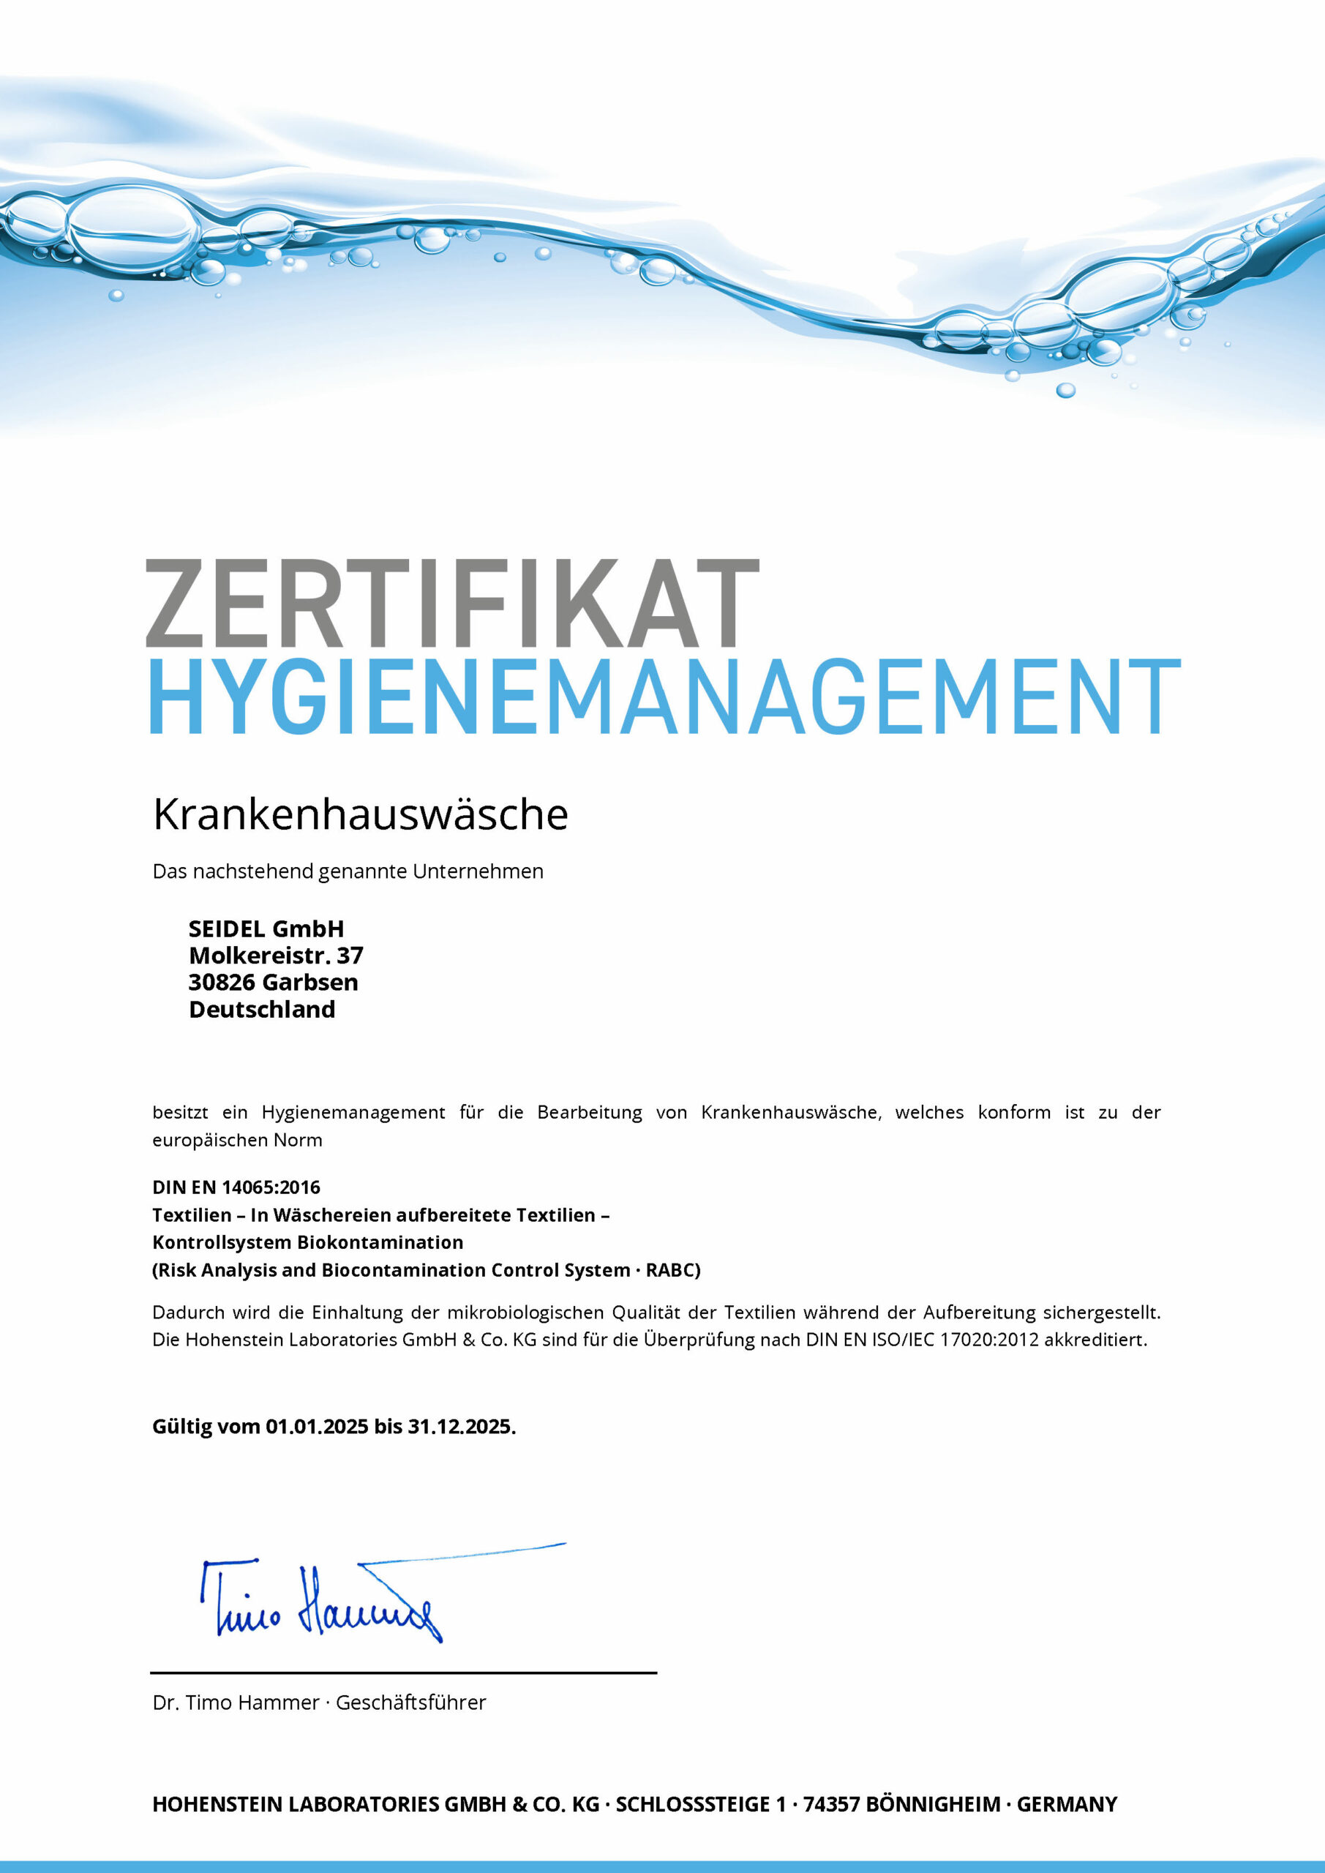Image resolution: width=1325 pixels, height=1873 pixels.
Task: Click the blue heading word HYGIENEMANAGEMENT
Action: point(664,697)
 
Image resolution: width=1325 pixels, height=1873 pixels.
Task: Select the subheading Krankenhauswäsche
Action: point(361,814)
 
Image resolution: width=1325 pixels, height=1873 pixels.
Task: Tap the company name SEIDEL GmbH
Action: point(266,928)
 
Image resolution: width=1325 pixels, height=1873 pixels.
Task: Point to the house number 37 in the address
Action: point(350,956)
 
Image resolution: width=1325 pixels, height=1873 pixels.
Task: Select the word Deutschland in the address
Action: point(262,1009)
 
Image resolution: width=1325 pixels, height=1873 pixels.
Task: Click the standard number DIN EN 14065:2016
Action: point(236,1187)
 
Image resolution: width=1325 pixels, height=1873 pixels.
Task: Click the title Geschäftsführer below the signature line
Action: point(410,1703)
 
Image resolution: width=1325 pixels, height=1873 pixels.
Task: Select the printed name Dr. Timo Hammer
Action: point(236,1703)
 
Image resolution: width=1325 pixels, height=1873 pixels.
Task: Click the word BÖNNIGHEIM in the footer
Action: point(933,1803)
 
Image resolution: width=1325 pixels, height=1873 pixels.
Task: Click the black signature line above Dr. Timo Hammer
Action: point(404,1673)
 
